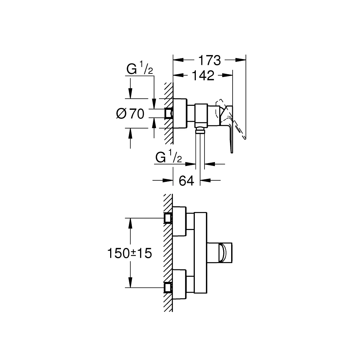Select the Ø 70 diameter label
pos(131,114)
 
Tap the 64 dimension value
pos(186,180)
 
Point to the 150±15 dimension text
pos(129,253)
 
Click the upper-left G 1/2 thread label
pos(140,69)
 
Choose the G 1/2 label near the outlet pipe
pos(168,157)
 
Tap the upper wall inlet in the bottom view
pos(168,218)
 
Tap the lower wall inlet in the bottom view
pos(168,287)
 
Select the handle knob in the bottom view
pos(225,253)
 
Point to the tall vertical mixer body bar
pos(201,253)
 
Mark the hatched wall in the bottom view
pos(168,252)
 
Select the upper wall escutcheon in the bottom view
pos(180,221)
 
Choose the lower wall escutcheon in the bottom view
pos(180,284)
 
